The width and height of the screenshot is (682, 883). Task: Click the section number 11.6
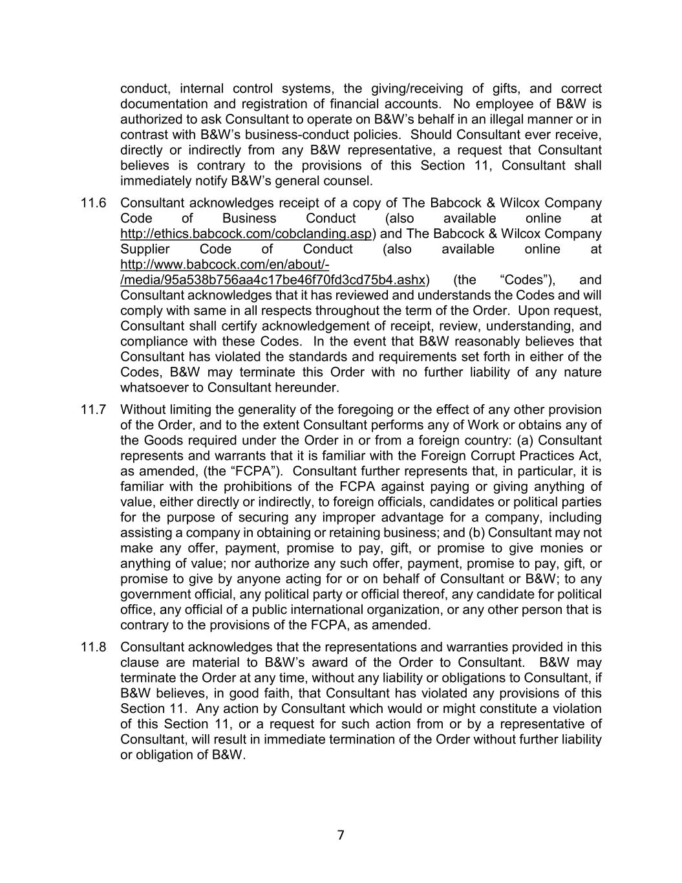93,203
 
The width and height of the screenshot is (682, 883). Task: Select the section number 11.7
93,409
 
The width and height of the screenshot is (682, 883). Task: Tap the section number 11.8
93,648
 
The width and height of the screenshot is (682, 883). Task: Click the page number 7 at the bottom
341,835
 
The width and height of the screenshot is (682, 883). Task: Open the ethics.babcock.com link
246,234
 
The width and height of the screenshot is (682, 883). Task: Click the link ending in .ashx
273,280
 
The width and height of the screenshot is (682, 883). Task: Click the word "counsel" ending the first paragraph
351,181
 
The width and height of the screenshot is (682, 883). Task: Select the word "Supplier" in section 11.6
145,250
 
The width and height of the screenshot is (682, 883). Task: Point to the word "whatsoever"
151,388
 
